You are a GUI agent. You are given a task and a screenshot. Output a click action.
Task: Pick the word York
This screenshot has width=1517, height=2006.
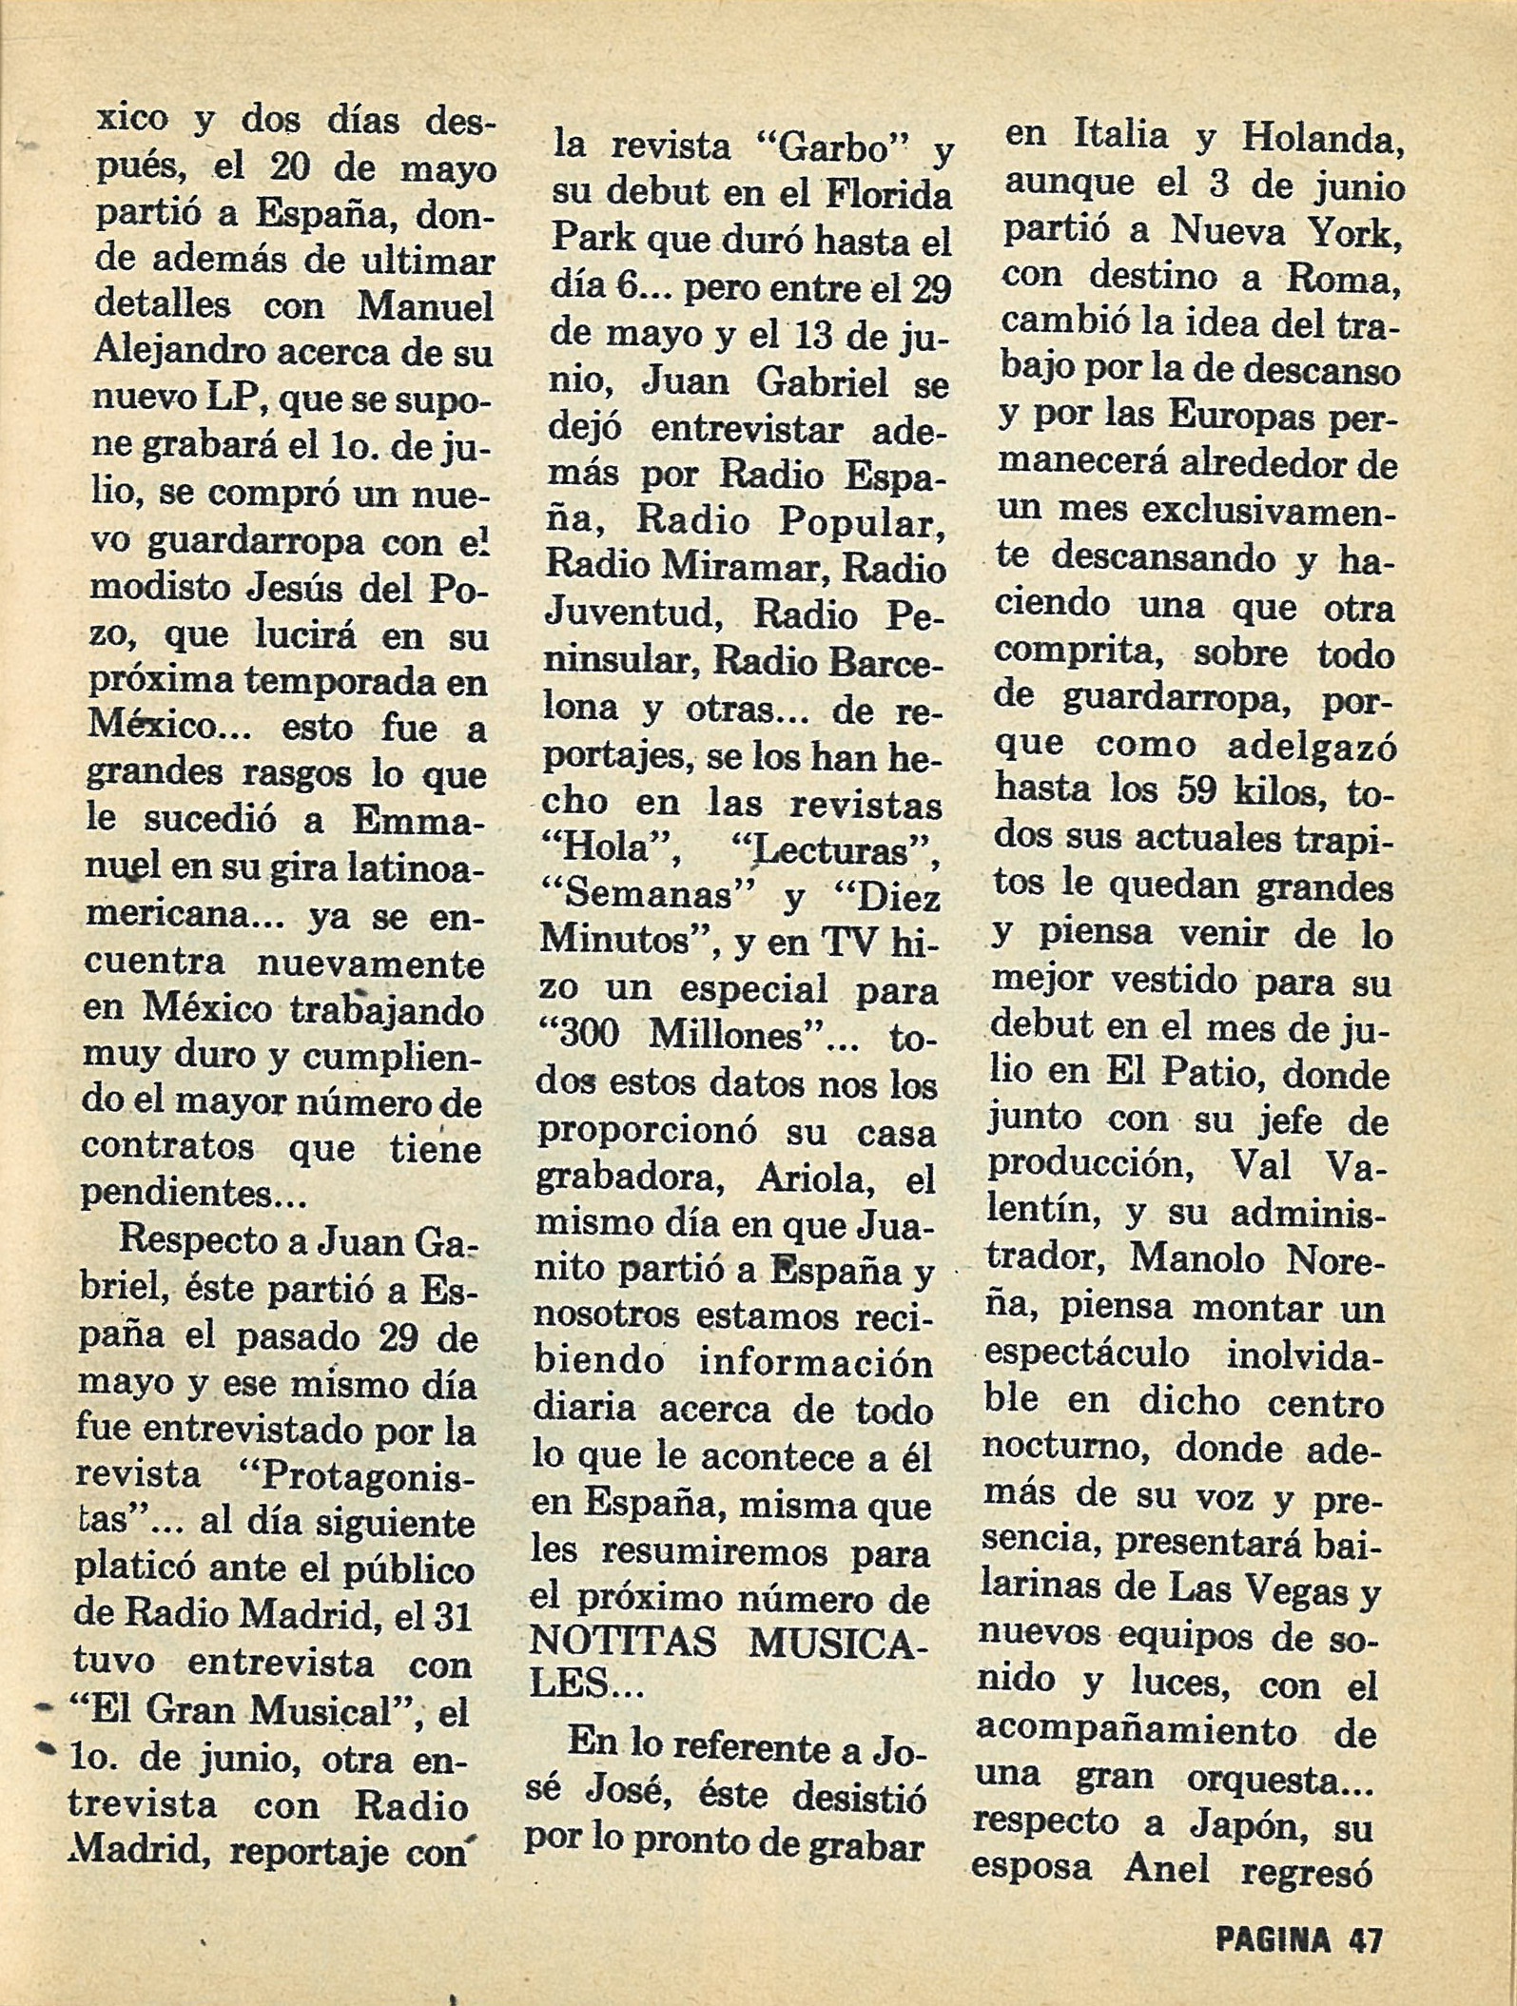pos(1354,231)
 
